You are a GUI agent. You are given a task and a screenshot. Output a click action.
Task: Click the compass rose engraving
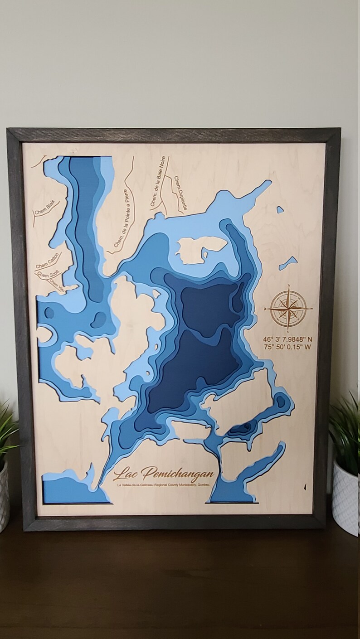pyautogui.click(x=289, y=309)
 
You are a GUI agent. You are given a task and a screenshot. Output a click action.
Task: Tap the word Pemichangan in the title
pyautogui.click(x=178, y=474)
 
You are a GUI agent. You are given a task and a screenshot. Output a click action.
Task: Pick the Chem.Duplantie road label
pyautogui.click(x=180, y=194)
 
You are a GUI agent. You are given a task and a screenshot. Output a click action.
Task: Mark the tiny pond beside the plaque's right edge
pyautogui.click(x=280, y=209)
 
